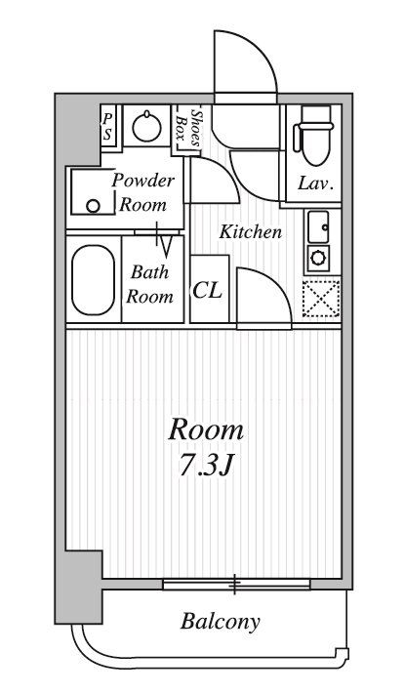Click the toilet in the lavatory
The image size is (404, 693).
click(x=315, y=135)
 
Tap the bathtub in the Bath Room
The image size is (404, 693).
click(x=94, y=280)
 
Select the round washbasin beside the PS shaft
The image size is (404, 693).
click(x=146, y=126)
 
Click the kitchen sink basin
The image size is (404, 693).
click(x=318, y=226)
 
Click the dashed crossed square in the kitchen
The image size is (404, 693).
click(x=321, y=300)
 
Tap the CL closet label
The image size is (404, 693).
click(x=207, y=290)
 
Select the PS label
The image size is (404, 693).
click(x=107, y=127)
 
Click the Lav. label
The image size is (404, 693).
click(x=315, y=183)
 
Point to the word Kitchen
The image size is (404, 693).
click(x=251, y=232)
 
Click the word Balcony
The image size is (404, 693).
click(x=221, y=622)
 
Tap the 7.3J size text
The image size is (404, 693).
click(x=206, y=465)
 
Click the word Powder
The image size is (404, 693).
click(x=142, y=180)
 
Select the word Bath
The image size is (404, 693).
click(x=149, y=272)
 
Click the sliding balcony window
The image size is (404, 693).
click(x=236, y=585)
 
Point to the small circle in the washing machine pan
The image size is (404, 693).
click(x=93, y=206)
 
